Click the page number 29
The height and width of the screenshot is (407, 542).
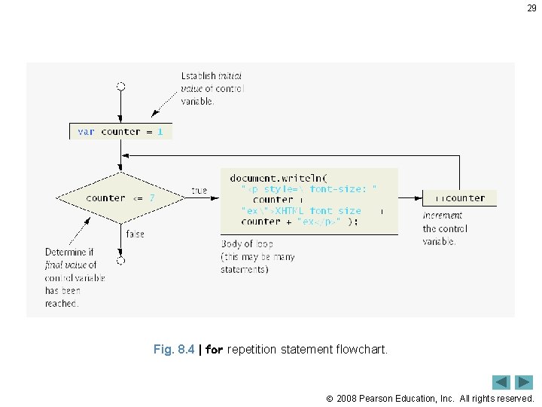coord(531,8)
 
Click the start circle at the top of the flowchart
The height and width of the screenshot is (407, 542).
coord(120,87)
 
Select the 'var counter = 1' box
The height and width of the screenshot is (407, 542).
coord(120,131)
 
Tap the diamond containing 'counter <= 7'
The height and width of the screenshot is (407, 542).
coord(120,198)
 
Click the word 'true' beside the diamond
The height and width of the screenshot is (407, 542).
coord(199,191)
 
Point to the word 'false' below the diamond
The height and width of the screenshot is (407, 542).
coord(135,234)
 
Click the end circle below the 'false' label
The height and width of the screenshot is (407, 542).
coord(120,261)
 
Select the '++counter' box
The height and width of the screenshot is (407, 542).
coord(458,198)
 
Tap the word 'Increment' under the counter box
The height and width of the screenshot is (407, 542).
coord(443,216)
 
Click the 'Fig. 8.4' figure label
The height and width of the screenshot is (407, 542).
coord(174,350)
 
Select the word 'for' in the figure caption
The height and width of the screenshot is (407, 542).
coord(214,350)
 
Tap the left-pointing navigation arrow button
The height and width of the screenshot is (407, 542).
coord(501,382)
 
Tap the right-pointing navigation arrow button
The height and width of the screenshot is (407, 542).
coord(524,382)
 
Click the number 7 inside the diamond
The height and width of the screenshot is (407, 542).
coord(152,198)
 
